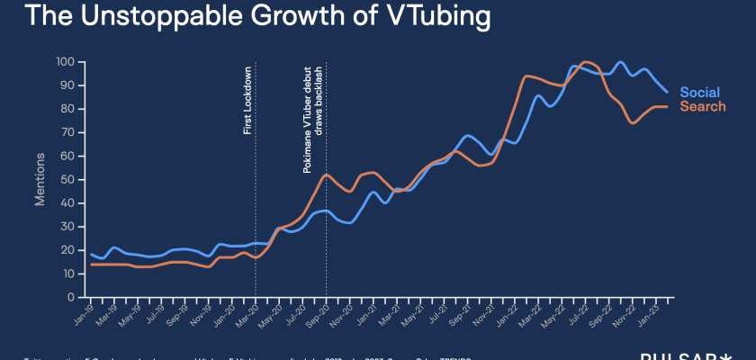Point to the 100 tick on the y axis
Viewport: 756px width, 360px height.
tap(65, 62)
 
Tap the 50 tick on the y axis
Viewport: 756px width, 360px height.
tap(67, 180)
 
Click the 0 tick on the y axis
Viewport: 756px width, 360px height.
tap(71, 297)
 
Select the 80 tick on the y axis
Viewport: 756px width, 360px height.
tap(67, 109)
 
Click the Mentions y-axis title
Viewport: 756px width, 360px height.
tap(40, 180)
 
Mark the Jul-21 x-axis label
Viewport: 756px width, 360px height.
tap(435, 314)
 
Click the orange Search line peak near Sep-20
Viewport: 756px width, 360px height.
tap(327, 175)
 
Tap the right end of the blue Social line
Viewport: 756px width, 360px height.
tap(667, 92)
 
